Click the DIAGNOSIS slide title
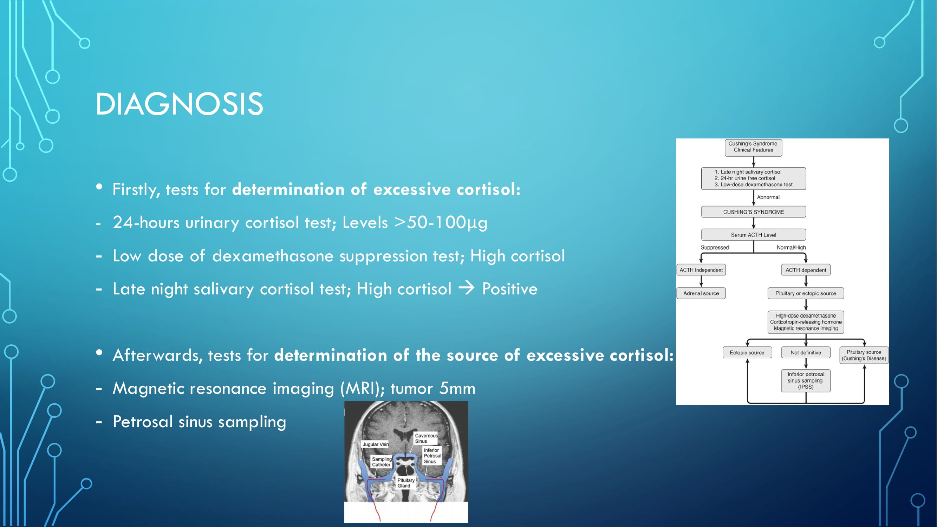tap(179, 104)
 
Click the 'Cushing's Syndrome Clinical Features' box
tap(753, 147)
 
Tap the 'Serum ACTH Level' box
tap(753, 235)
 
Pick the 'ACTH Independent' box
tap(701, 270)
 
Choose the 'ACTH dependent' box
tap(806, 270)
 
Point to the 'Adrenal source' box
tap(701, 293)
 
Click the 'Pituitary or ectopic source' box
tap(806, 293)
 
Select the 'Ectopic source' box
tap(747, 352)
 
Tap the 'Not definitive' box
tap(806, 352)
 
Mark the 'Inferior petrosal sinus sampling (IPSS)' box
tap(806, 380)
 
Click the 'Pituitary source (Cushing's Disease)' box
tap(864, 355)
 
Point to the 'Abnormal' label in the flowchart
tap(768, 197)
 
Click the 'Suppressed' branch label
tap(715, 247)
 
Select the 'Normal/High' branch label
tap(791, 247)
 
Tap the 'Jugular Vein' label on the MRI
tap(375, 444)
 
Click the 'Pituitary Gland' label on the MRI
tap(405, 483)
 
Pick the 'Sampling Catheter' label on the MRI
tap(382, 462)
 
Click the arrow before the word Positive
tap(467, 288)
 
